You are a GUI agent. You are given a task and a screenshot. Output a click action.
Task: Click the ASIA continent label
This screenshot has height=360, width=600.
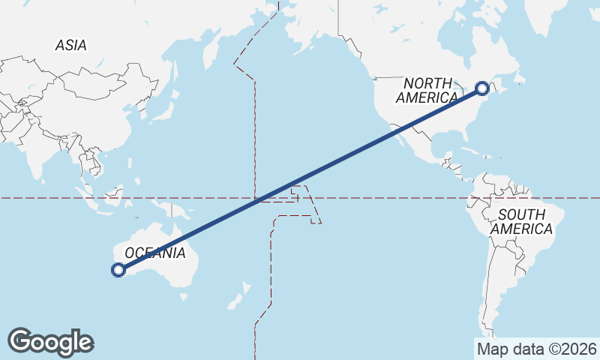[x=70, y=45]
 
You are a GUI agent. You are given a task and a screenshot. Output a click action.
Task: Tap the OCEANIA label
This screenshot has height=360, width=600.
[x=155, y=253]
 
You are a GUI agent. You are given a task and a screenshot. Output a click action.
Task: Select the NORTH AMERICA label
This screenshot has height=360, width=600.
[x=427, y=90]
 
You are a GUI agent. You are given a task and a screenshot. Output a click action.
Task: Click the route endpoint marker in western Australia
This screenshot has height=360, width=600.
[x=118, y=270]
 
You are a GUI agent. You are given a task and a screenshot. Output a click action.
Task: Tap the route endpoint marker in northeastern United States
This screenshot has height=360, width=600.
[x=482, y=88]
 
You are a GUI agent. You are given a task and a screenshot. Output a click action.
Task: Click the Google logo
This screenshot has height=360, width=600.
[x=50, y=342]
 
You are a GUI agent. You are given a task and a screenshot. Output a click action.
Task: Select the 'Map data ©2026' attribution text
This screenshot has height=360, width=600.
[x=536, y=349]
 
